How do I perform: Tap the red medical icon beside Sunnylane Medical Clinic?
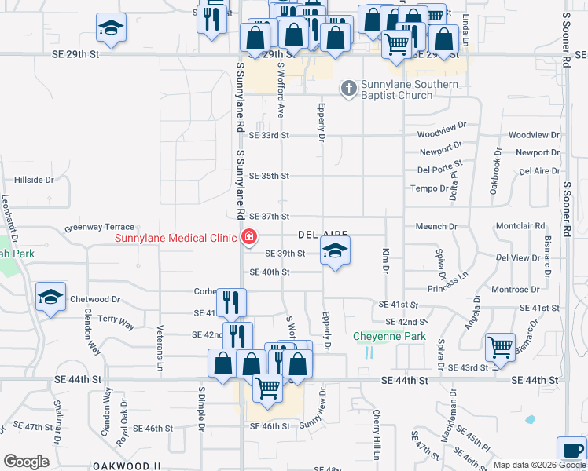(250, 236)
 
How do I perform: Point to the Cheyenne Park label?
(389, 337)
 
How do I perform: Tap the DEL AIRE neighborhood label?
(322, 235)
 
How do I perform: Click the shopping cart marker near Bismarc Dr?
(500, 347)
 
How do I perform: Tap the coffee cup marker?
(571, 451)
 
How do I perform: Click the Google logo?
(27, 461)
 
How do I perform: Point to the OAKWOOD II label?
(127, 466)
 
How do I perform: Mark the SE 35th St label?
(270, 176)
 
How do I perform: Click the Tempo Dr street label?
(428, 188)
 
